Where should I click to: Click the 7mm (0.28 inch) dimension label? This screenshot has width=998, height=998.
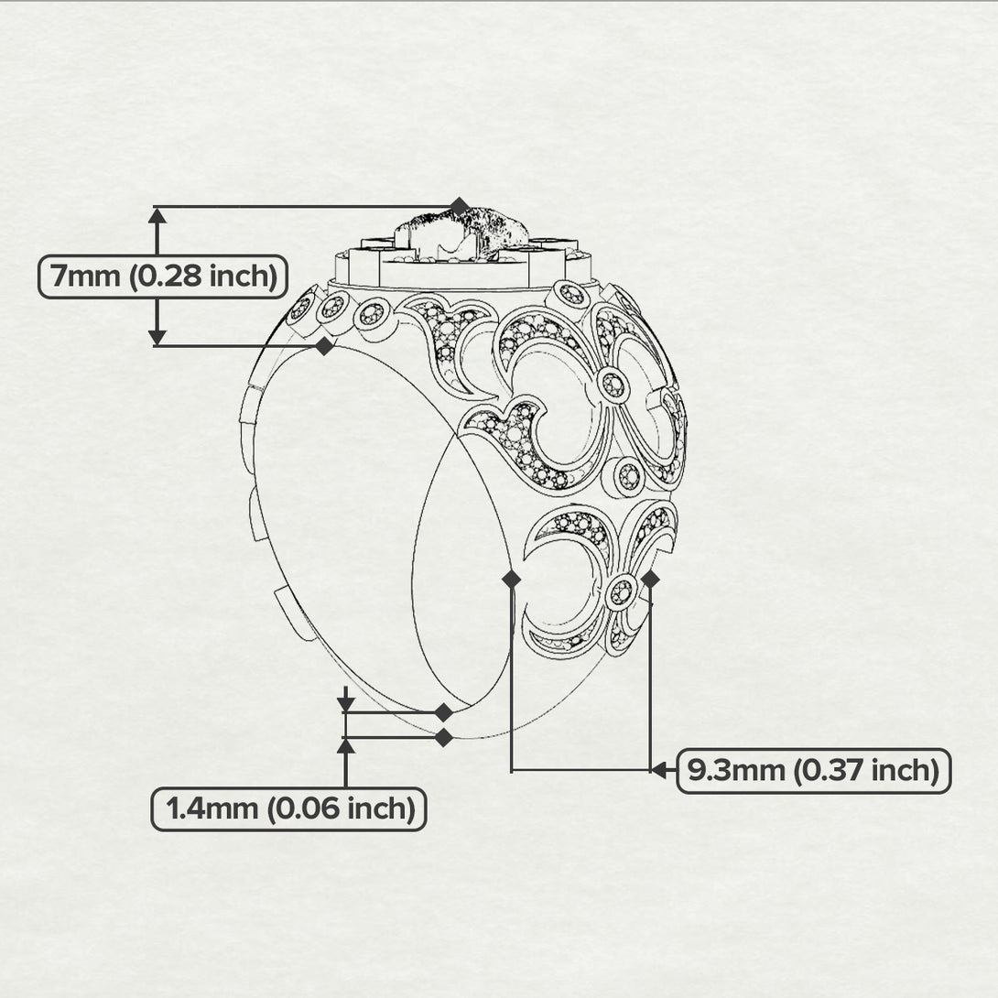(x=163, y=277)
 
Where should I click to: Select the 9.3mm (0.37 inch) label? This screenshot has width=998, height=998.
(x=813, y=771)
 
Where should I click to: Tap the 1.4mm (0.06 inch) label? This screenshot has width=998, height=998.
(x=288, y=809)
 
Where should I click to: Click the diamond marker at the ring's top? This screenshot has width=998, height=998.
(x=460, y=207)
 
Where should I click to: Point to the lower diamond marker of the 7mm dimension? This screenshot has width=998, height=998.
(x=325, y=346)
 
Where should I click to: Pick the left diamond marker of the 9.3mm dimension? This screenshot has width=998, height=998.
(x=512, y=580)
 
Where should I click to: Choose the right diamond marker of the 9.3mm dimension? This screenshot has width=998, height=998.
(x=650, y=580)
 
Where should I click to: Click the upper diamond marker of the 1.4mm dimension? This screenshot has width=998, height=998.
(x=444, y=712)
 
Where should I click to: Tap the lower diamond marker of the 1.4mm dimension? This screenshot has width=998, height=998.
(x=444, y=738)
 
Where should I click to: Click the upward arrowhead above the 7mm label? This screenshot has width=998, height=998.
(x=157, y=215)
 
